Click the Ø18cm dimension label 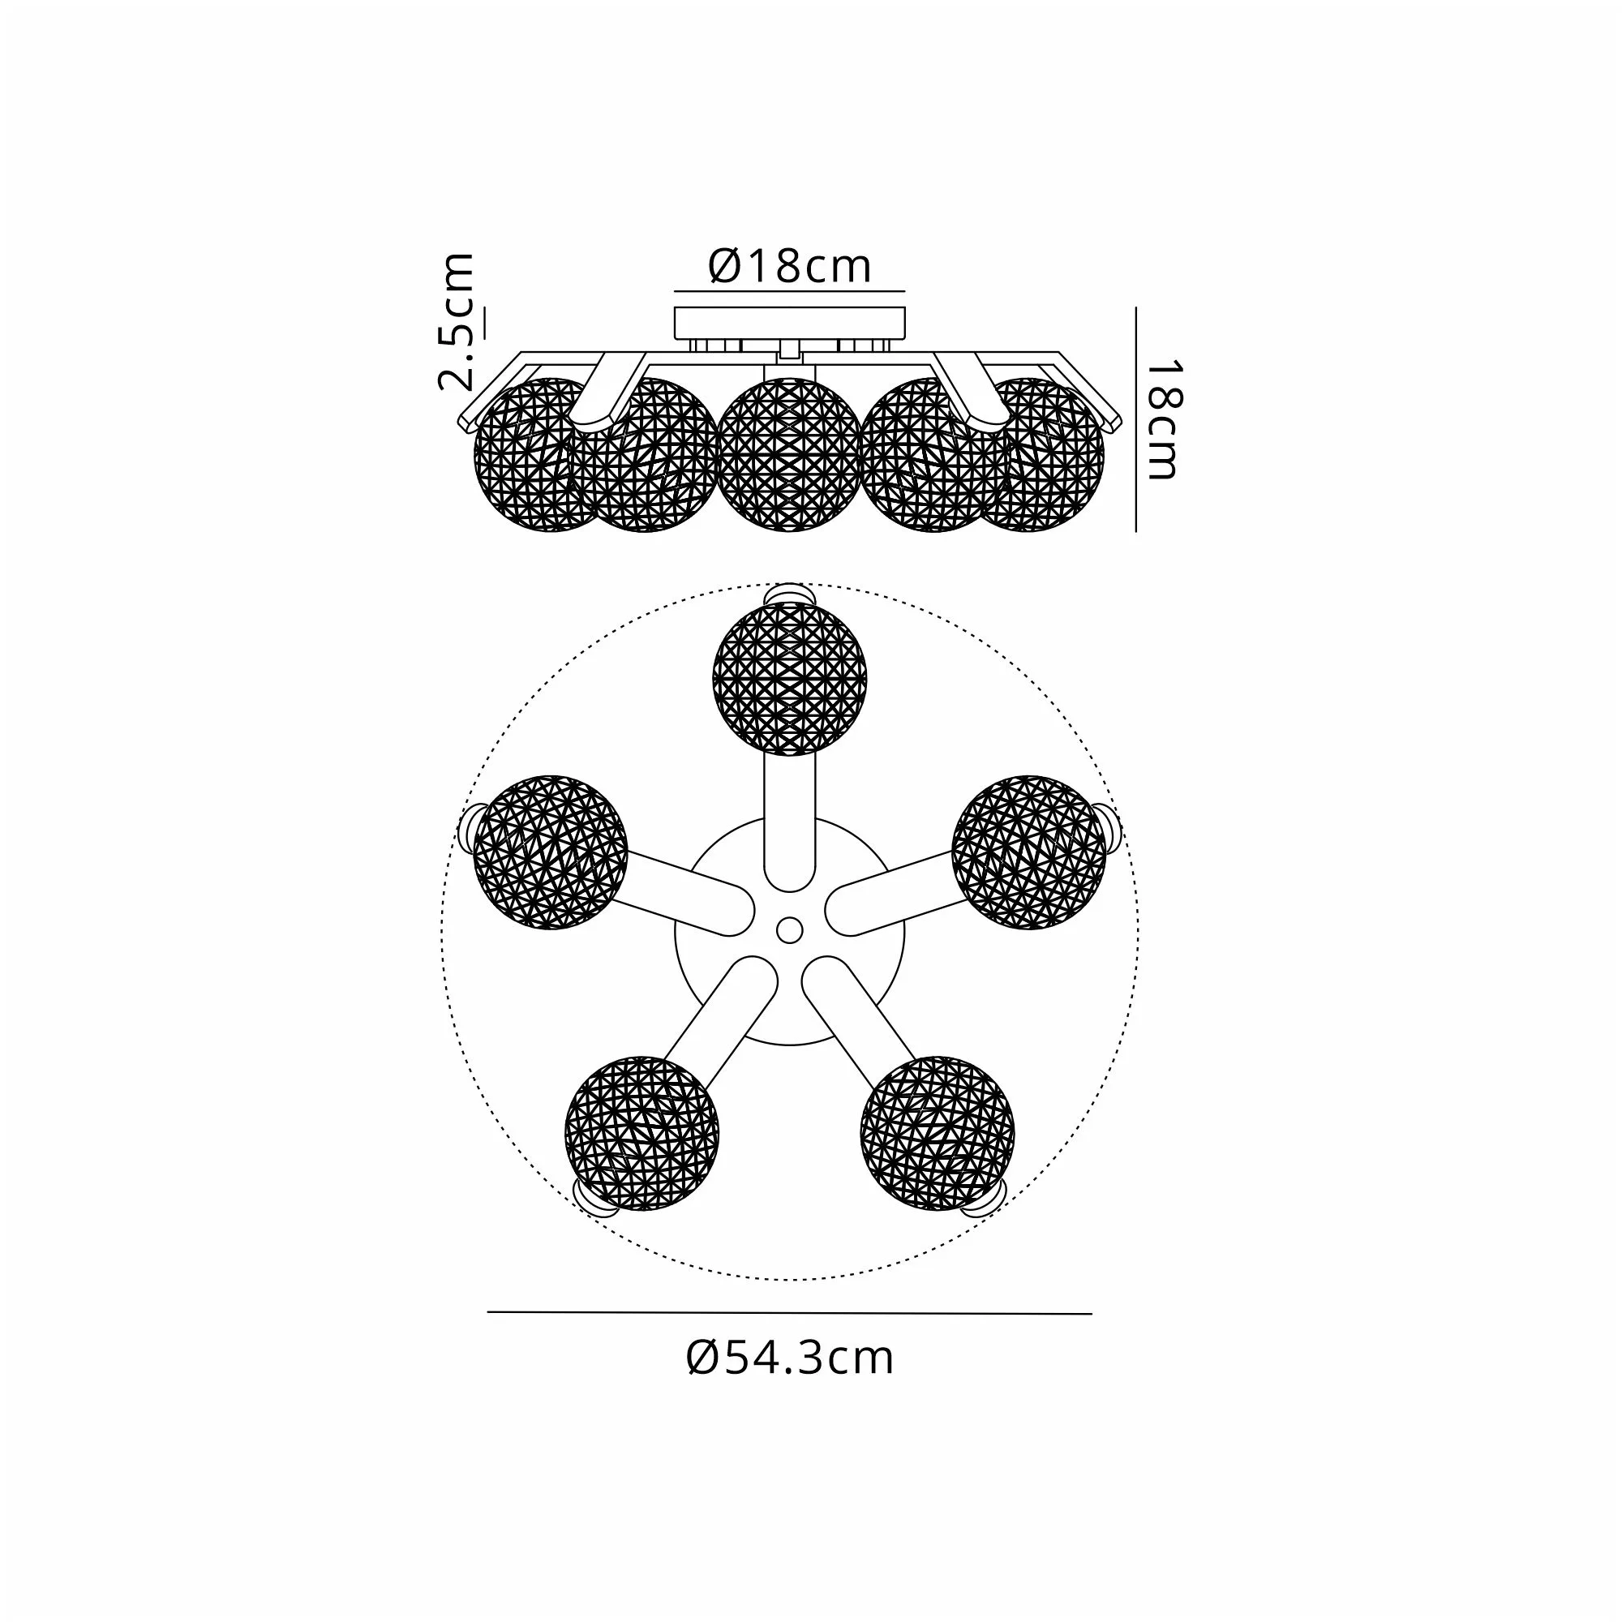click(789, 266)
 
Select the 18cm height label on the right click(1164, 420)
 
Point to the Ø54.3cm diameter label click(790, 1358)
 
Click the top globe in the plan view click(789, 679)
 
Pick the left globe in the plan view click(551, 852)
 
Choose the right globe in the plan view click(1029, 852)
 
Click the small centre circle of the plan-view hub click(789, 929)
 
